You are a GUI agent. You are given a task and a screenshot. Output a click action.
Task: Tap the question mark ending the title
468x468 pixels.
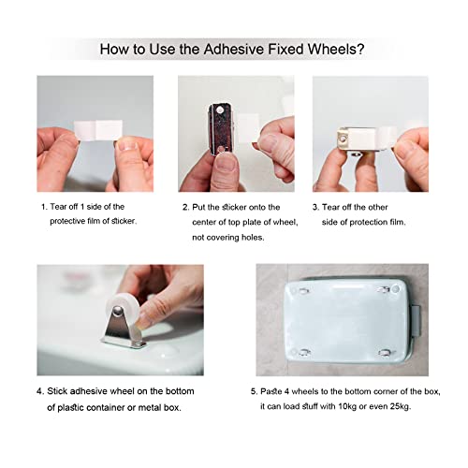click(360, 50)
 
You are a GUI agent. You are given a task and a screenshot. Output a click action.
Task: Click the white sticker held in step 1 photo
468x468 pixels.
click(98, 130)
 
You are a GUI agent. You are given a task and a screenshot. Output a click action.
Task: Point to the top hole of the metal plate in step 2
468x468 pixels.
click(220, 110)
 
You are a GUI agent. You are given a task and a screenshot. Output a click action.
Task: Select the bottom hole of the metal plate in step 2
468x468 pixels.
click(221, 149)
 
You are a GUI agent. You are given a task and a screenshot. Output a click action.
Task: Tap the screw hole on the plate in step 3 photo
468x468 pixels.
click(343, 137)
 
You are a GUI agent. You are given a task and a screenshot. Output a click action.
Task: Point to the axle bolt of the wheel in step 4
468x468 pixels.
click(117, 311)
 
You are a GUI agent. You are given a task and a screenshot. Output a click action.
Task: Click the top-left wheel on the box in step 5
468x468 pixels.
click(303, 291)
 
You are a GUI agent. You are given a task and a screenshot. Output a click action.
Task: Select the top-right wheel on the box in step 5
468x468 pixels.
click(384, 290)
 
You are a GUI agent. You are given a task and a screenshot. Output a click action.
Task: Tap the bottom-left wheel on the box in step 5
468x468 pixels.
click(304, 353)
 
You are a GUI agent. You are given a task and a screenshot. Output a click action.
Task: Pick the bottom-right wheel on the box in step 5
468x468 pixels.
click(385, 353)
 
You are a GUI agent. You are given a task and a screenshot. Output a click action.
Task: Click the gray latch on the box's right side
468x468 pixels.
click(417, 321)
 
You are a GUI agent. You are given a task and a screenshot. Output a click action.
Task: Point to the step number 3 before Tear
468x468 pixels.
click(315, 208)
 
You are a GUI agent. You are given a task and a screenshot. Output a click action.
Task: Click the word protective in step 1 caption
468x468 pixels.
click(67, 221)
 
